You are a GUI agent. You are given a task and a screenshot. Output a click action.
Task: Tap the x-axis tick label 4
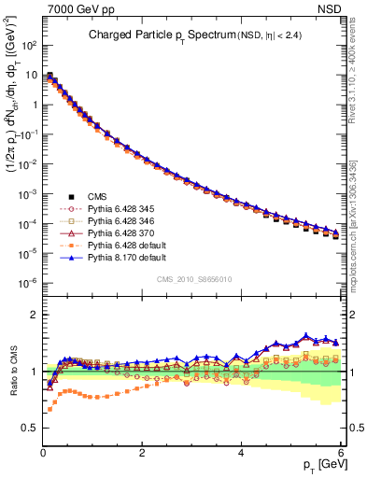pyautogui.click(x=242, y=451)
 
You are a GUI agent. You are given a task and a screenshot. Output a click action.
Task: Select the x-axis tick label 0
pyautogui.click(x=44, y=451)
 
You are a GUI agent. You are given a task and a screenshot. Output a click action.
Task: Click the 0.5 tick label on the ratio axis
pyautogui.click(x=30, y=428)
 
